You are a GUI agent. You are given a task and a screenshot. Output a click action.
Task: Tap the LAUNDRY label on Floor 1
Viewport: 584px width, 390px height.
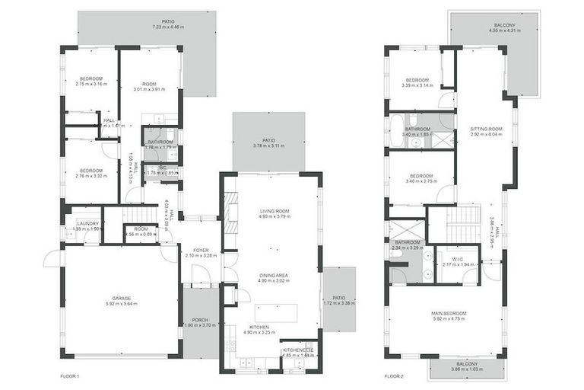88,222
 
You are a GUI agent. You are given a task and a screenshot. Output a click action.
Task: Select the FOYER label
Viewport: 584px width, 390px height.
201,249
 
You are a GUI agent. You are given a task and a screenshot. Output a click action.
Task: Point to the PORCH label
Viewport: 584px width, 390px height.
200,319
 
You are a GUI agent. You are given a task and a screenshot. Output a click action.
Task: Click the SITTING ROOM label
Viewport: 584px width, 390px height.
486,129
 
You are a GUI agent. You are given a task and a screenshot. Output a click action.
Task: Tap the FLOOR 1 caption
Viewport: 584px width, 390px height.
70,376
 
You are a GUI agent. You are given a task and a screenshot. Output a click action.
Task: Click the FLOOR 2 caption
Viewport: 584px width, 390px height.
395,376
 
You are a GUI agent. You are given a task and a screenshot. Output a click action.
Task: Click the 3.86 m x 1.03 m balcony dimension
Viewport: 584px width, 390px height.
468,370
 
